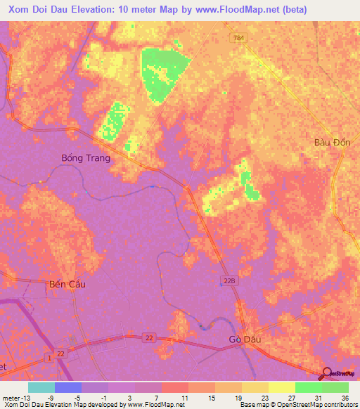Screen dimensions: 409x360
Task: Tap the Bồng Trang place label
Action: coord(86,158)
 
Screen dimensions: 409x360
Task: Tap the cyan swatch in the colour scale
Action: coord(41,387)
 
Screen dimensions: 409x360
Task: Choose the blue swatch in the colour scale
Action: coord(68,387)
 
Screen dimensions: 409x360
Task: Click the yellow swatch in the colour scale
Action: coord(282,387)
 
